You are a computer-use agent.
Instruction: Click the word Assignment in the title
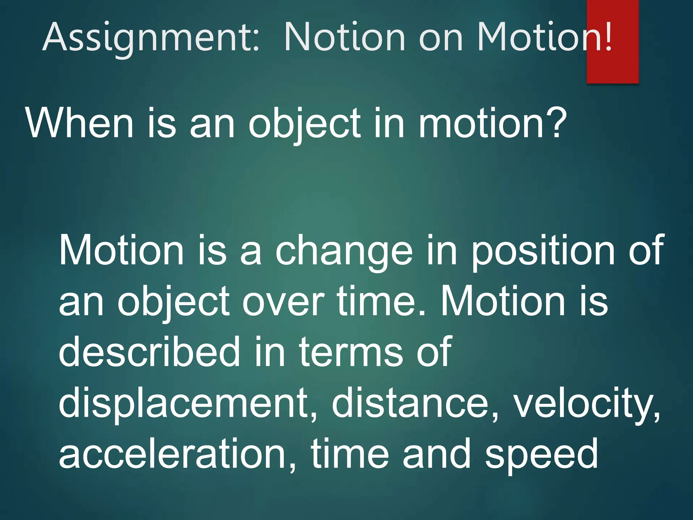[x=151, y=37]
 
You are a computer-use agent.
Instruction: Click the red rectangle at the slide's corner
[x=612, y=68]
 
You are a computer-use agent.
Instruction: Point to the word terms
[x=350, y=352]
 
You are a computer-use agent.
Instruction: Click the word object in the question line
[x=305, y=124]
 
